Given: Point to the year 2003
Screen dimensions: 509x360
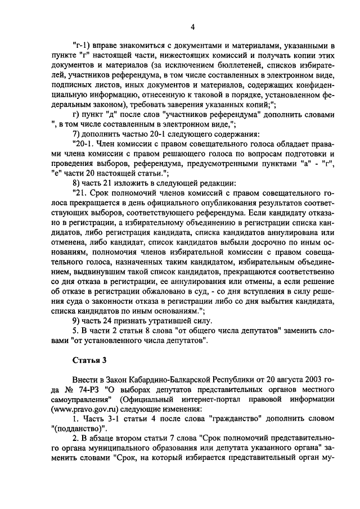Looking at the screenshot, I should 310,379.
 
